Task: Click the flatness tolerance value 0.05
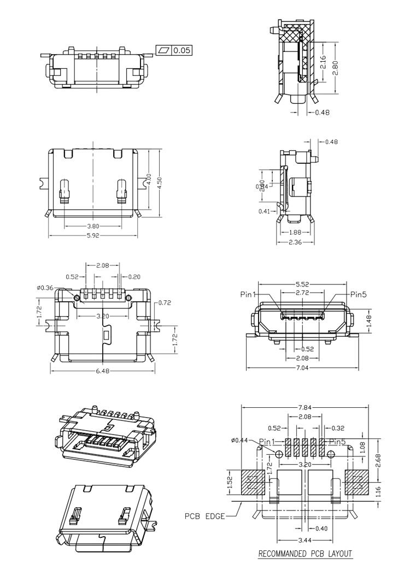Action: pyautogui.click(x=182, y=51)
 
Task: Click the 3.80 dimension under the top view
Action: pyautogui.click(x=93, y=225)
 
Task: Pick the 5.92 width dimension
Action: pyautogui.click(x=93, y=236)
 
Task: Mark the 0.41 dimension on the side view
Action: pyautogui.click(x=264, y=211)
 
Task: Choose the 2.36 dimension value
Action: pyautogui.click(x=296, y=242)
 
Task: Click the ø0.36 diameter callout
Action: pyautogui.click(x=45, y=288)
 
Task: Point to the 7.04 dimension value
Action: pyautogui.click(x=302, y=368)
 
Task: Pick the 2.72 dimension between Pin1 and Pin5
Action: pyautogui.click(x=302, y=293)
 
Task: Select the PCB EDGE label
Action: pyautogui.click(x=204, y=516)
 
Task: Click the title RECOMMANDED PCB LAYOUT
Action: pyautogui.click(x=305, y=554)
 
